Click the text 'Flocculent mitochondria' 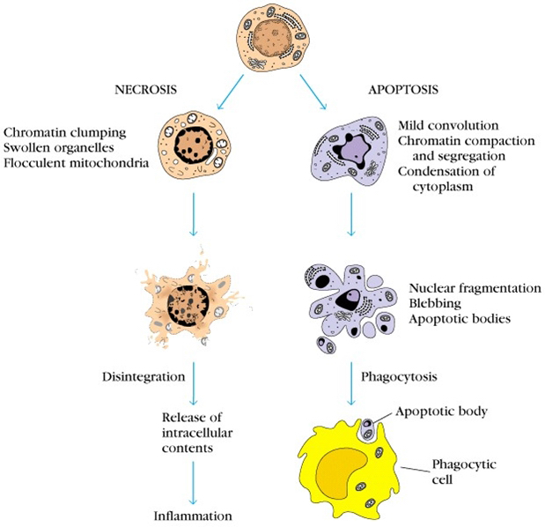coord(75,162)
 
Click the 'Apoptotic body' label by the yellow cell coord(440,412)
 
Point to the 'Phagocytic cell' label coord(457,471)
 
